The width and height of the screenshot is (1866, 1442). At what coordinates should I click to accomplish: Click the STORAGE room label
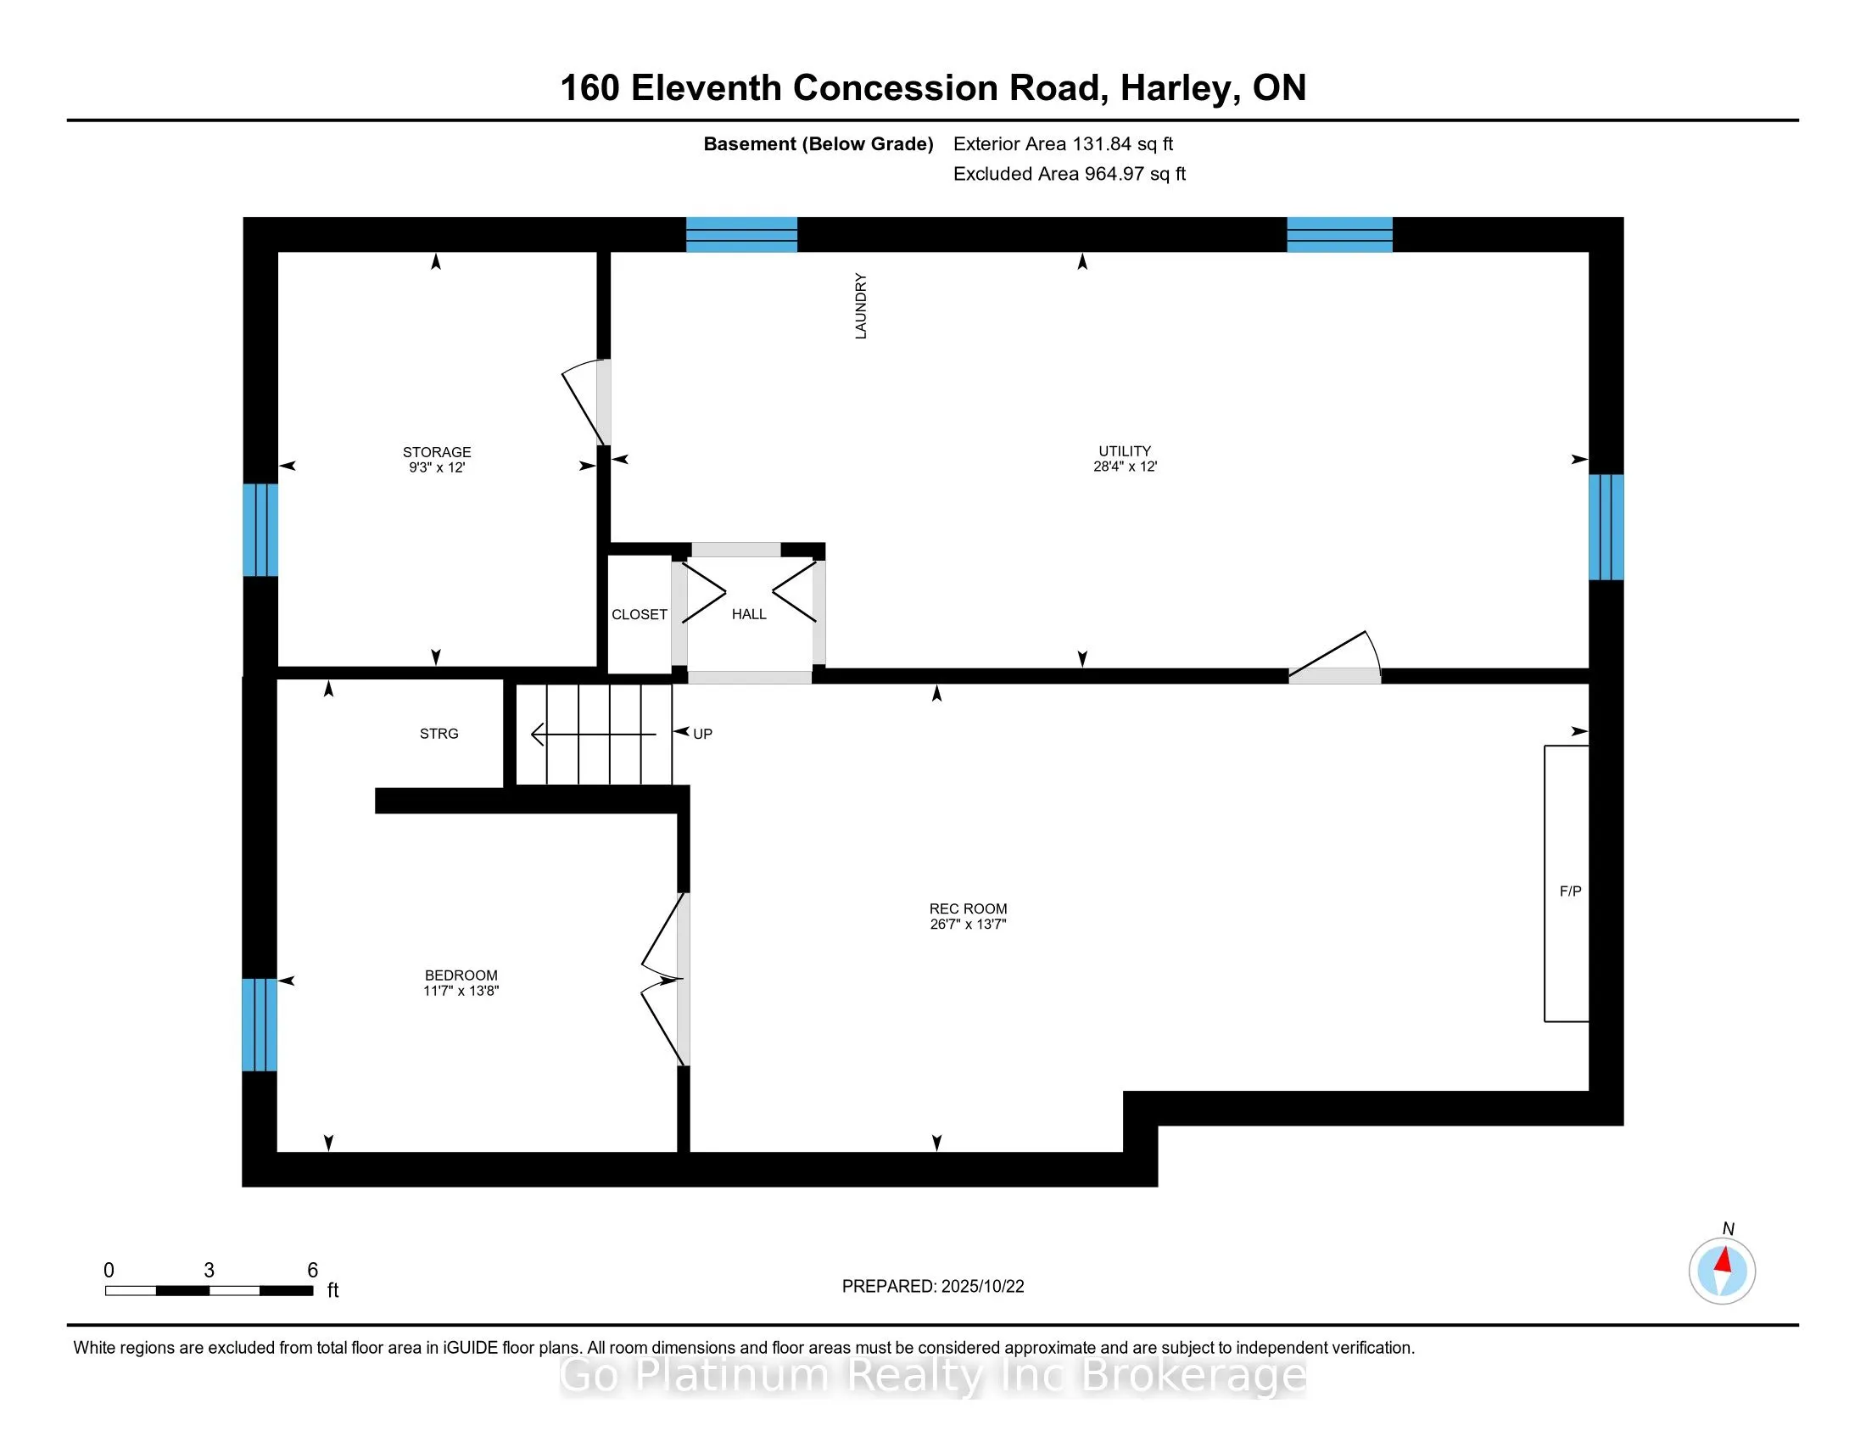[x=437, y=452]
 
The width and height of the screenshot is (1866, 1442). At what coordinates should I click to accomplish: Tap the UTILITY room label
[x=1125, y=451]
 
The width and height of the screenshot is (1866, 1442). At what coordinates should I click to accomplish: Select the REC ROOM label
[x=968, y=909]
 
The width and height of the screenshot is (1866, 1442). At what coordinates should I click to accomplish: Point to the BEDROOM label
[x=461, y=975]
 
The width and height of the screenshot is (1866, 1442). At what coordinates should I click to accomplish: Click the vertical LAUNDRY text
[x=861, y=306]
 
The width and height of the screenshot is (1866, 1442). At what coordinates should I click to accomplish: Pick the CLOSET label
[x=639, y=614]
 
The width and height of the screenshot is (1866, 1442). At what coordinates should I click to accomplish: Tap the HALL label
[x=748, y=614]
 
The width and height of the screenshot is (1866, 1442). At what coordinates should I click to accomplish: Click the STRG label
[x=439, y=734]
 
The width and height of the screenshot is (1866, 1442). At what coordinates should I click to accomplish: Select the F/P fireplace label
[x=1570, y=891]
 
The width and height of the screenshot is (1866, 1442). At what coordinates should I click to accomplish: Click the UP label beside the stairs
[x=702, y=734]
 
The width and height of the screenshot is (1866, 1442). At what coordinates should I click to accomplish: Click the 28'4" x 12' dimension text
[x=1125, y=467]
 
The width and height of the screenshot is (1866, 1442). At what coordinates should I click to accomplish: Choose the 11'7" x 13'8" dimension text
[x=461, y=991]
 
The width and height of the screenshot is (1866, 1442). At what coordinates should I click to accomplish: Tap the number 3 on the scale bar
[x=209, y=1271]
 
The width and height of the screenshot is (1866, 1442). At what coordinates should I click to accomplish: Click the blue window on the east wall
[x=1606, y=527]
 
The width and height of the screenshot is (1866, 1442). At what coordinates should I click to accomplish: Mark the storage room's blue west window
[x=260, y=529]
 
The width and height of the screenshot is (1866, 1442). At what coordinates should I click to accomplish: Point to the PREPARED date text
[x=932, y=1287]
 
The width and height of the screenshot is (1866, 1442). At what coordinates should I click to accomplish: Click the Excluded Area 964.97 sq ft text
[x=1069, y=174]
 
